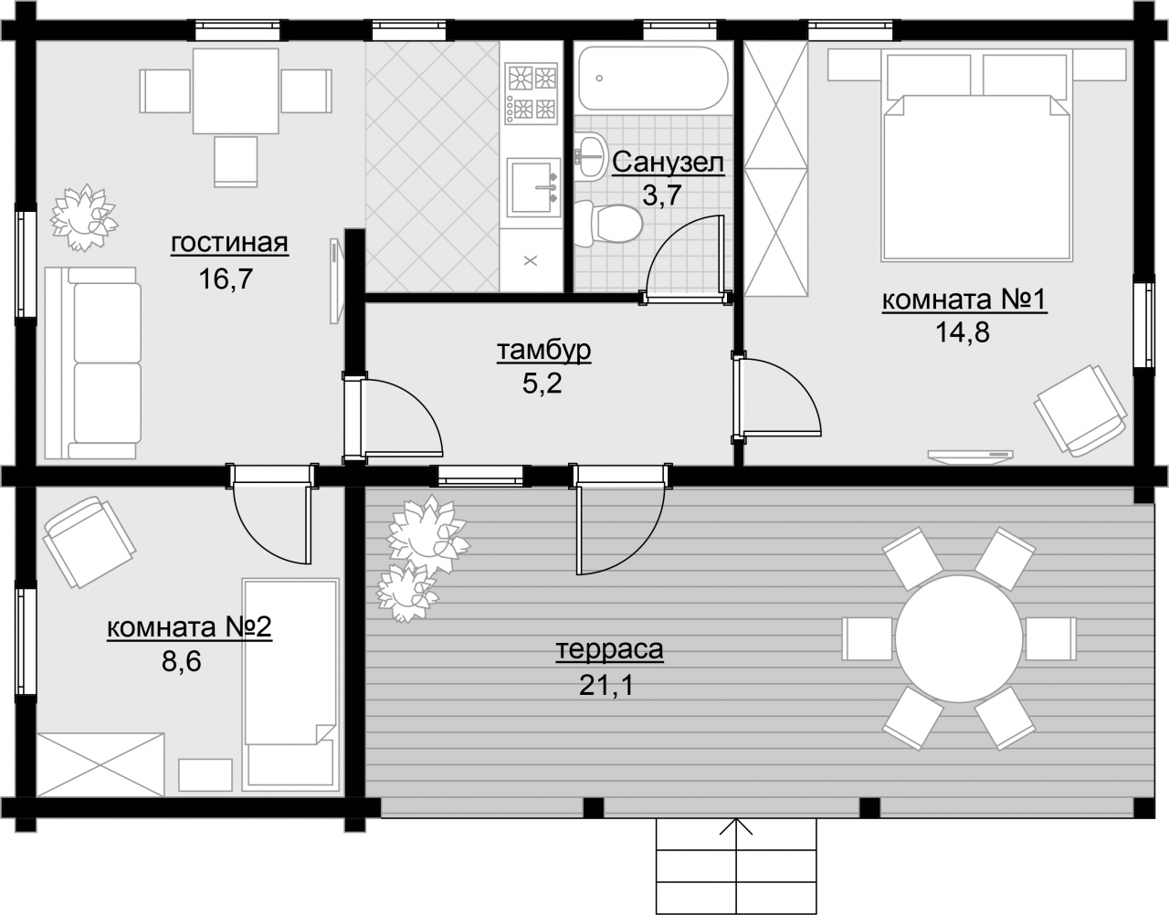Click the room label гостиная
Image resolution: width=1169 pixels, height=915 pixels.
[x=230, y=243]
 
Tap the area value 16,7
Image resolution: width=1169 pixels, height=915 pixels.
[x=226, y=279]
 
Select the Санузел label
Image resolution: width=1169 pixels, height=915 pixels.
[x=668, y=162]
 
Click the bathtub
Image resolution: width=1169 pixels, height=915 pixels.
[x=653, y=79]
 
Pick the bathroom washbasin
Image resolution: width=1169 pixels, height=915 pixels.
[x=590, y=156]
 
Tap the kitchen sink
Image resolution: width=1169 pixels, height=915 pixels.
[x=533, y=186]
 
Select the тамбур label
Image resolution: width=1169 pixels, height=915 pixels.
[x=544, y=351]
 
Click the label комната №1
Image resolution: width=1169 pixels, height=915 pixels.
[x=964, y=300]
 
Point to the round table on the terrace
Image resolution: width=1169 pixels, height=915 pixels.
[x=959, y=638]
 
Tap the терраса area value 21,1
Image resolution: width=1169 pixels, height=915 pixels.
[x=606, y=685]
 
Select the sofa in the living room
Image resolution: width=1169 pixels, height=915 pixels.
[x=92, y=363]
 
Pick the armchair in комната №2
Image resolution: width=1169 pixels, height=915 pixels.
[x=90, y=542]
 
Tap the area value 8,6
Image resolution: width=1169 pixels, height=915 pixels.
[x=182, y=661]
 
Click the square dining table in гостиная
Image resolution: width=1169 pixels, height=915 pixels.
[x=236, y=91]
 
